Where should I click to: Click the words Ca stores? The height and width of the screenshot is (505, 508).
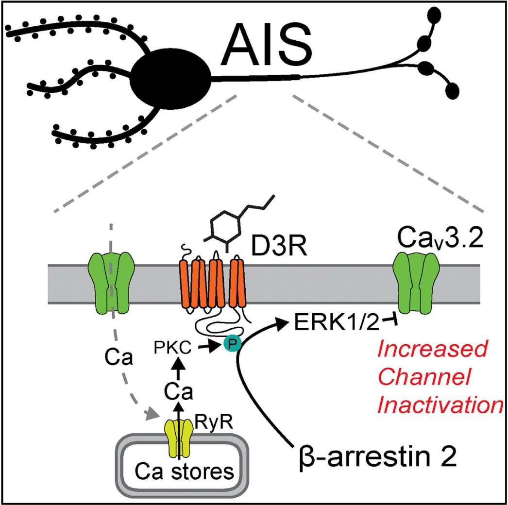[x=180, y=470]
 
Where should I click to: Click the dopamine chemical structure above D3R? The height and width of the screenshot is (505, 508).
[x=228, y=223]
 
